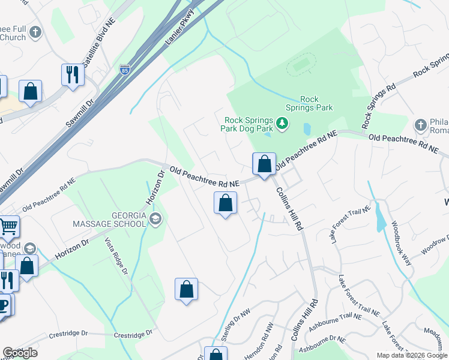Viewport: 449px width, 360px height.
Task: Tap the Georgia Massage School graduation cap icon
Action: coord(156,218)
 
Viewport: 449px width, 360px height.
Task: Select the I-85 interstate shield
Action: coord(124,70)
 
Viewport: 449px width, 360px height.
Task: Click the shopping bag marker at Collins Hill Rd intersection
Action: coord(264,164)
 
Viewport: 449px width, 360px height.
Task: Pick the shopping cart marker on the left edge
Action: coord(8,227)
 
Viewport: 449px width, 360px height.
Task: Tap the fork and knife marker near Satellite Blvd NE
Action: coord(73,75)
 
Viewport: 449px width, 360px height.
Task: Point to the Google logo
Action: coord(20,353)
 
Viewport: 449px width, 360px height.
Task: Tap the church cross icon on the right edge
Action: coord(421,125)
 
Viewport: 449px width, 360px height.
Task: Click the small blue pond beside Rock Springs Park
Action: coord(307,128)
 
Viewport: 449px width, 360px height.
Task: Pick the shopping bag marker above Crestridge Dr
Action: coord(187,289)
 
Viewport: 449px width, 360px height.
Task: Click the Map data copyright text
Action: coord(412,355)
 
